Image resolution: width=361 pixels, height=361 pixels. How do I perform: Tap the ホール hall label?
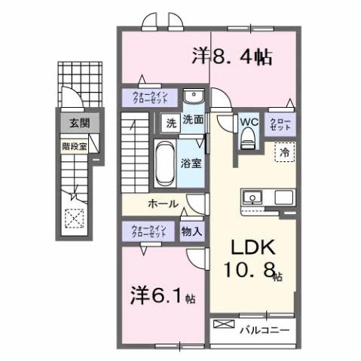coord(163,203)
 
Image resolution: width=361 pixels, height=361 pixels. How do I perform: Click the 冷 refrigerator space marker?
coord(285,152)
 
